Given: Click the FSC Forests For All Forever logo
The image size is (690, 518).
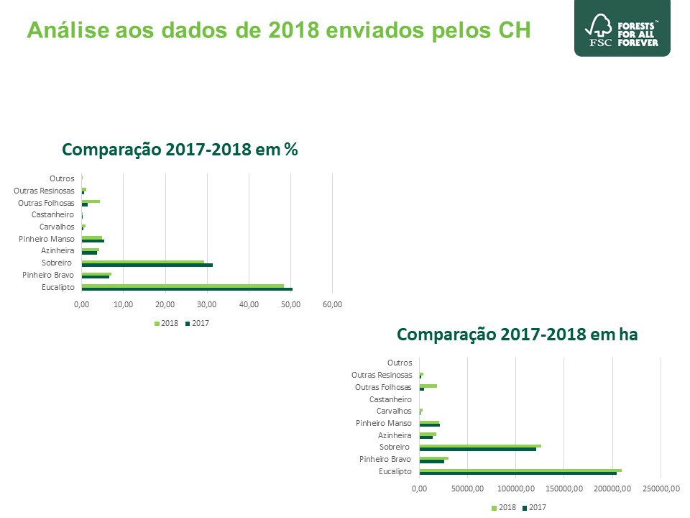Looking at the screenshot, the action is (x=622, y=28).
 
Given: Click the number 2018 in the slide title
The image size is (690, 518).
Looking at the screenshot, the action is (x=293, y=30).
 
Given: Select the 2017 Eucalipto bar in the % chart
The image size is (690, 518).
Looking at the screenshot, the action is (x=187, y=289).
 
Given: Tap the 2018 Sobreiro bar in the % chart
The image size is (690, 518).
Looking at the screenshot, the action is (x=143, y=262).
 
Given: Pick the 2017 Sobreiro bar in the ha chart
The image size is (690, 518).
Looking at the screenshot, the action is (x=478, y=449).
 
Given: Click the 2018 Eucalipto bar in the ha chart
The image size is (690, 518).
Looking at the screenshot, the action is (x=520, y=471).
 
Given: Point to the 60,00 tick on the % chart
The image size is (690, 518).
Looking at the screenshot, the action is (x=332, y=304).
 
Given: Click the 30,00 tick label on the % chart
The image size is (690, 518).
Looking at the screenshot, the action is (x=207, y=304).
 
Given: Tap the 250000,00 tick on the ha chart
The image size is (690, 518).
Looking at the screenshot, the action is (x=661, y=489).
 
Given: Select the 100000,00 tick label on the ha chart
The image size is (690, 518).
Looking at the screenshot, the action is (x=516, y=489).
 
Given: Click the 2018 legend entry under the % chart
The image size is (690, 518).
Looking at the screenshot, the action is (x=166, y=323).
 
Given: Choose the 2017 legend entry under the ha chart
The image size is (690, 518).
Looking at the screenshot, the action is (x=534, y=507).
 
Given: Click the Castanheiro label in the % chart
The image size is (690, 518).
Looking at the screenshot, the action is (x=52, y=214).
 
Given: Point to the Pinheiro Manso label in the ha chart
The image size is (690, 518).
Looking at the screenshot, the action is (x=384, y=423).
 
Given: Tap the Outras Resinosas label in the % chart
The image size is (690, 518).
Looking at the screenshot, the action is (x=44, y=191).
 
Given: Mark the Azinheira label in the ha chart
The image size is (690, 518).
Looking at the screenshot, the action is (x=395, y=435).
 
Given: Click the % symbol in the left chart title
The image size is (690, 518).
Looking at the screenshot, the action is (x=291, y=150).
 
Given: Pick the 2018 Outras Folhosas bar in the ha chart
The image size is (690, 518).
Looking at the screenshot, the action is (x=428, y=386).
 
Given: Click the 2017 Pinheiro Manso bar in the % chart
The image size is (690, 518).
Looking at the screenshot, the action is (x=93, y=241).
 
